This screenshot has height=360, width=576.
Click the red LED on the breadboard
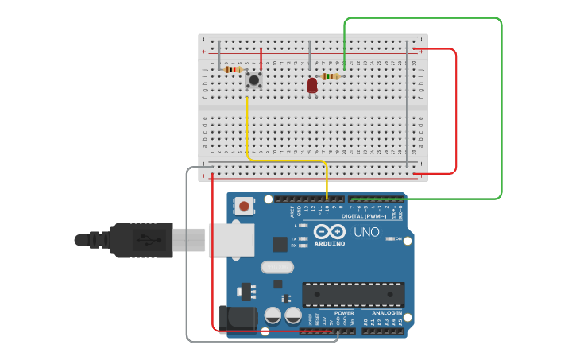tap(312, 84)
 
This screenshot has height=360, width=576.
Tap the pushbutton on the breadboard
tap(254, 79)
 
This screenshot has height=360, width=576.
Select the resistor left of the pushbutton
tap(233, 69)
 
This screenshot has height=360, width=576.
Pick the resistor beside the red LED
tap(330, 76)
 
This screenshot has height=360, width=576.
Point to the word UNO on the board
tap(366, 233)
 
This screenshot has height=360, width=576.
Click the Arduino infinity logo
tap(329, 232)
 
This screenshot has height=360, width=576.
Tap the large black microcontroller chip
tap(353, 294)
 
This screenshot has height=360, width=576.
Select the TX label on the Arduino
tap(294, 238)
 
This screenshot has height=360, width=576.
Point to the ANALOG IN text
tap(387, 312)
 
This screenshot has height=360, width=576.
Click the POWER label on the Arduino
tap(344, 312)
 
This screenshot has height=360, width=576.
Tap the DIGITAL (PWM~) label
tap(363, 216)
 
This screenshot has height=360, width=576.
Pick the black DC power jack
tap(238, 319)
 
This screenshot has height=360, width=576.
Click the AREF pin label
tap(292, 211)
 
